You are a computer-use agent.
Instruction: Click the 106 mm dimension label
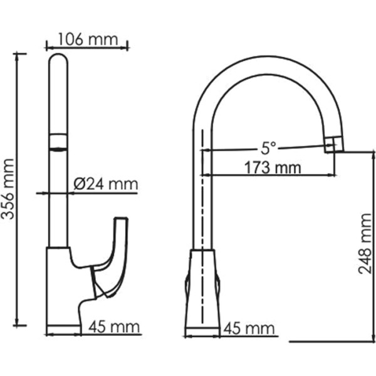87,39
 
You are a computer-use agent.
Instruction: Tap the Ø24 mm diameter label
105,184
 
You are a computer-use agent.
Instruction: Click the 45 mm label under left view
114,326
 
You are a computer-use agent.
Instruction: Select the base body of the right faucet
202,288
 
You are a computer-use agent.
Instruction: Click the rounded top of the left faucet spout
58,63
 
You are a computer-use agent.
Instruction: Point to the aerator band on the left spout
58,142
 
